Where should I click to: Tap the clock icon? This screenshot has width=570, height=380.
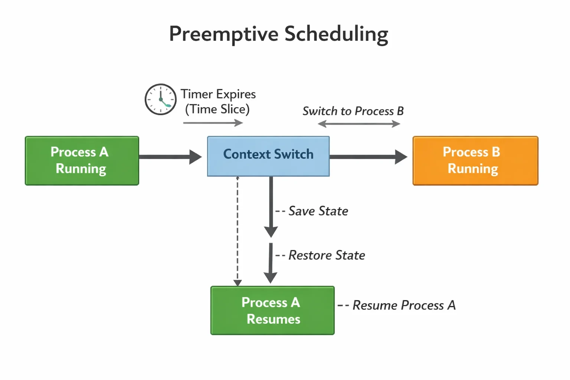(x=161, y=99)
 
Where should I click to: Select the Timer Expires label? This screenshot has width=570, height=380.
(x=218, y=94)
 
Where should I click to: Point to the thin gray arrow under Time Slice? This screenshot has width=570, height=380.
(x=213, y=123)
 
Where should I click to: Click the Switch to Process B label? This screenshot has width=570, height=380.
(x=353, y=111)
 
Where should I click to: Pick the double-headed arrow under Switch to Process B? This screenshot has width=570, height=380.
(x=359, y=124)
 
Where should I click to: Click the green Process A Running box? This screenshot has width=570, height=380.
(x=82, y=161)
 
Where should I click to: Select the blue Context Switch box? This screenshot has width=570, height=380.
(x=268, y=156)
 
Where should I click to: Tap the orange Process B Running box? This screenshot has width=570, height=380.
(x=475, y=161)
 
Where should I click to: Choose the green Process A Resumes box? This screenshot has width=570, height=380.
(x=272, y=310)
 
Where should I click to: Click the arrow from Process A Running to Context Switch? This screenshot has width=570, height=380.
(x=170, y=157)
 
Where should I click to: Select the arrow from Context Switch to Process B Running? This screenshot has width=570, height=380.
(x=368, y=157)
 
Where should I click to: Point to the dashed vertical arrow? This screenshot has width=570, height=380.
(x=237, y=231)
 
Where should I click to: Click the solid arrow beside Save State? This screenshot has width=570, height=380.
(x=271, y=207)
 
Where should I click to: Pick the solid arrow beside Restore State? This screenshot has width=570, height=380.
(x=271, y=263)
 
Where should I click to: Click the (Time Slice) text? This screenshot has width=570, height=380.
(x=217, y=109)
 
